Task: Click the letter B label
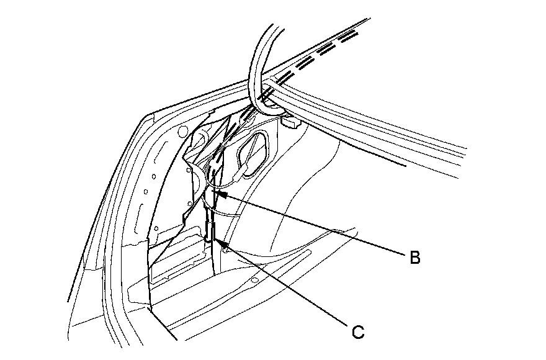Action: (414, 258)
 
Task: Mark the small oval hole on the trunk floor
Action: (254, 281)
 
